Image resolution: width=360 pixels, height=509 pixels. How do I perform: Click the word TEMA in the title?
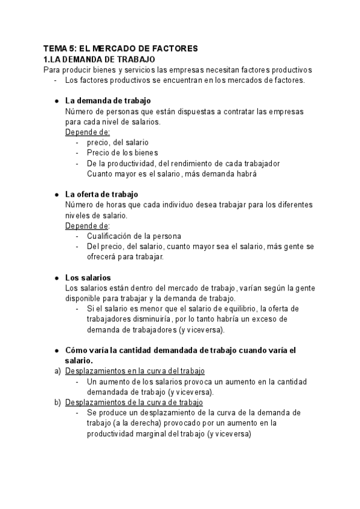pos(55,49)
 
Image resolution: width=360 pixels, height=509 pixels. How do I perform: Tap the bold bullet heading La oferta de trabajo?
pos(101,194)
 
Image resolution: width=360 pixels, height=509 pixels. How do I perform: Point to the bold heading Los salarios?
pos(88,278)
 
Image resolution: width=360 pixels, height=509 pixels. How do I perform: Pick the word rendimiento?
pos(184,163)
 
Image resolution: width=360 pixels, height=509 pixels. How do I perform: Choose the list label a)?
pos(58,371)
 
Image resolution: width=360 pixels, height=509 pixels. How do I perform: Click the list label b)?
pos(58,402)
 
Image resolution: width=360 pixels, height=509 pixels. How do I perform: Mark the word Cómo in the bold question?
pos(76,351)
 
